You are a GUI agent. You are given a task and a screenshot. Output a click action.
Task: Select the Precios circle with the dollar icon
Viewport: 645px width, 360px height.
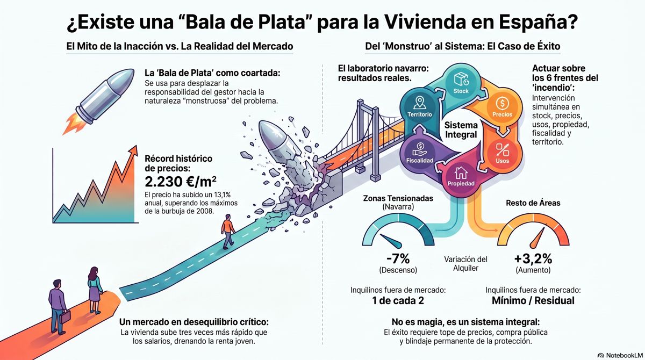pyautogui.click(x=502, y=106)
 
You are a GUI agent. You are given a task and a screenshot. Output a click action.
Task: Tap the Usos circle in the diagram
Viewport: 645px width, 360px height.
pyautogui.click(x=502, y=153)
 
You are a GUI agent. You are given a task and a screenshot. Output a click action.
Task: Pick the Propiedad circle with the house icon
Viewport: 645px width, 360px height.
pyautogui.click(x=461, y=176)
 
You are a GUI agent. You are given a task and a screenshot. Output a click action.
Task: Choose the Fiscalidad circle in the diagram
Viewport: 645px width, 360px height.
pyautogui.click(x=420, y=153)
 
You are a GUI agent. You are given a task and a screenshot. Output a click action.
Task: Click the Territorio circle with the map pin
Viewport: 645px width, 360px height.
pyautogui.click(x=420, y=106)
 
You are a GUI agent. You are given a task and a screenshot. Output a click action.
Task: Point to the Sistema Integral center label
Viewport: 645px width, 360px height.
pyautogui.click(x=461, y=130)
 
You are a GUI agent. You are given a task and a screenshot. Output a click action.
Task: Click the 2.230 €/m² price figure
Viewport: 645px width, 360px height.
pyautogui.click(x=181, y=182)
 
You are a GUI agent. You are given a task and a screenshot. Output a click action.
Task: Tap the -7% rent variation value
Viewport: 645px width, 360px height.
pyautogui.click(x=398, y=258)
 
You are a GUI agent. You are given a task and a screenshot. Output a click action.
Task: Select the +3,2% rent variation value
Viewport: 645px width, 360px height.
pyautogui.click(x=533, y=258)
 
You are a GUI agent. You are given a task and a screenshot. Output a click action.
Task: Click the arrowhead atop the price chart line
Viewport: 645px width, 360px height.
pyautogui.click(x=133, y=150)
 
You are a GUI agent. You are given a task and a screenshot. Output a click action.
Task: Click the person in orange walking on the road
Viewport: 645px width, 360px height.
pyautogui.click(x=228, y=231)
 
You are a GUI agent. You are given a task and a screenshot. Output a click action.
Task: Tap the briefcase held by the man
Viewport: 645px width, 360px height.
pyautogui.click(x=65, y=317)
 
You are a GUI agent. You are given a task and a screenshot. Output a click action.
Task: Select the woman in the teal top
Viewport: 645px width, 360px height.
pyautogui.click(x=95, y=290)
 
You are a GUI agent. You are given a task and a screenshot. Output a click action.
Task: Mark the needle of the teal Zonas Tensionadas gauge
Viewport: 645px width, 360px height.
pyautogui.click(x=391, y=241)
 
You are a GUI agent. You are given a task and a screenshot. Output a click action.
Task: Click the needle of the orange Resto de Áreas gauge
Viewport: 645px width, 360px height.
pyautogui.click(x=537, y=238)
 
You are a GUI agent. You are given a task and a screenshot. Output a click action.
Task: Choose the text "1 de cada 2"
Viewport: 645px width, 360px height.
pyautogui.click(x=398, y=300)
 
